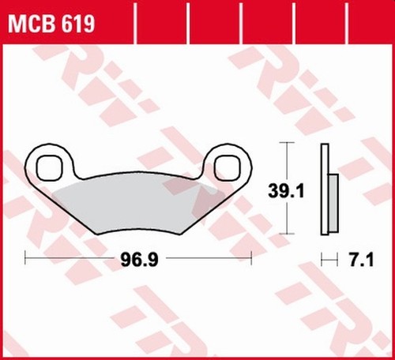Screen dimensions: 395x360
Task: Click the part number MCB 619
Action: click(x=51, y=24)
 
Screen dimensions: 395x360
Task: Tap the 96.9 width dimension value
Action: click(x=139, y=260)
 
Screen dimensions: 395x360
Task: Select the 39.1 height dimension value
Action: click(x=286, y=191)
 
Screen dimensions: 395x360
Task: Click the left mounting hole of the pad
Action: click(x=50, y=168)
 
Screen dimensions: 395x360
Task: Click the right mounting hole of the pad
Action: click(x=228, y=168)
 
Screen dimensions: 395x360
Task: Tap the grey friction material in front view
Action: click(x=137, y=204)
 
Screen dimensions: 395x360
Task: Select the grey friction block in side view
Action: click(x=333, y=203)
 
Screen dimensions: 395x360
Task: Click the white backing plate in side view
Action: click(x=325, y=189)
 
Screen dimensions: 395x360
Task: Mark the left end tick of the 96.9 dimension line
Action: click(x=25, y=257)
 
